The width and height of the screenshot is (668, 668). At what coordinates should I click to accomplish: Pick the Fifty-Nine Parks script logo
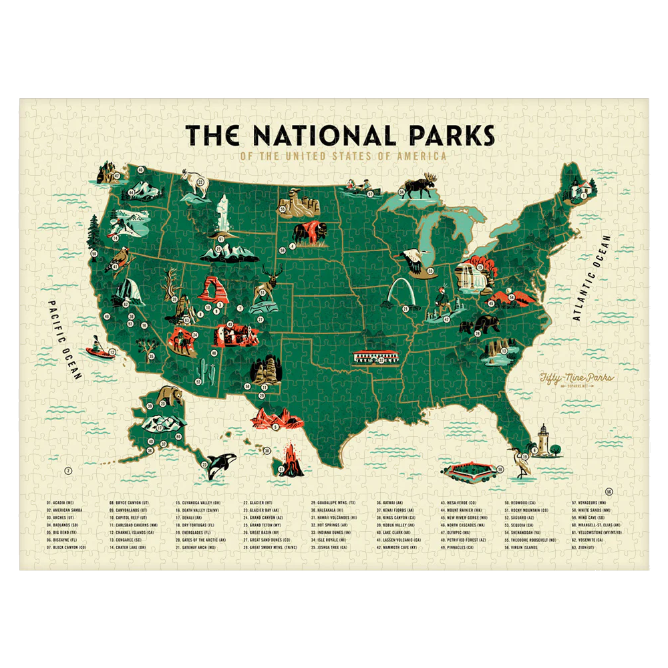point(566,380)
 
